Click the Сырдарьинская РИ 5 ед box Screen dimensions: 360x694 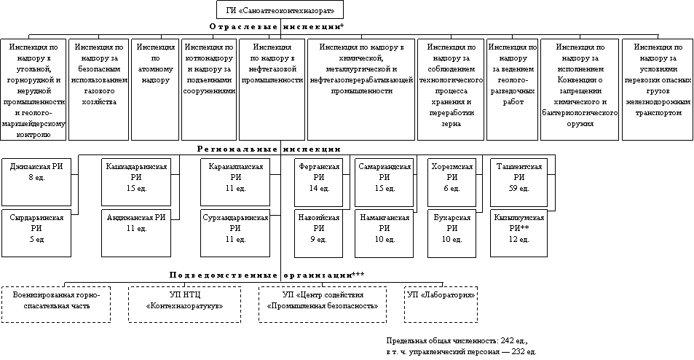click(36, 229)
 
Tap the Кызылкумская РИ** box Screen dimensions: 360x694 click(518, 229)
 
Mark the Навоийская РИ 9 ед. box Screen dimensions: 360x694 click(318, 229)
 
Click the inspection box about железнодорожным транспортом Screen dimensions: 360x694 click(658, 86)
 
